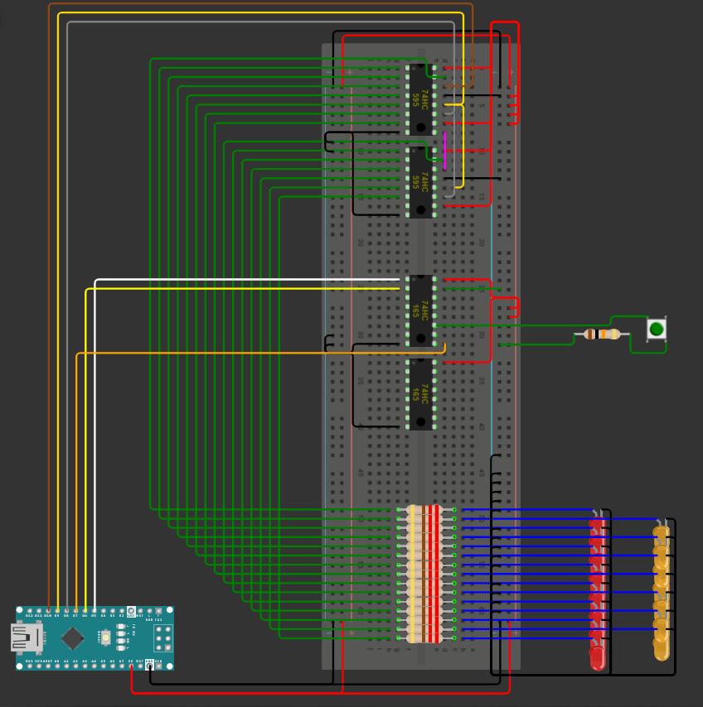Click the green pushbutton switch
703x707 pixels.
click(x=657, y=329)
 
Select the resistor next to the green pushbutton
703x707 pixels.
click(x=602, y=334)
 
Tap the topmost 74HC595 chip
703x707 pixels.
click(x=421, y=99)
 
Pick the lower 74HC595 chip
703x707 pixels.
click(x=421, y=182)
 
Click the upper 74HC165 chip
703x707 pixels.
click(x=421, y=310)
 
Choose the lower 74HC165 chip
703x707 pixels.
click(x=421, y=394)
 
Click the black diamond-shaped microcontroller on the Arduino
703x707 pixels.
click(x=72, y=637)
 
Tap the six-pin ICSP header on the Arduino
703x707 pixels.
click(x=162, y=637)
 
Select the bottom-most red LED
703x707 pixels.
click(x=597, y=657)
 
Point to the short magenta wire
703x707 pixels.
click(x=444, y=150)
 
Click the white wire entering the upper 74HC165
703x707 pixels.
click(x=249, y=280)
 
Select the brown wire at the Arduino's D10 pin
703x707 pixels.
click(x=49, y=596)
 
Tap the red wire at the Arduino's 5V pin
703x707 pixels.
click(x=133, y=679)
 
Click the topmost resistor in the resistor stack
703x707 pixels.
click(x=424, y=509)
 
